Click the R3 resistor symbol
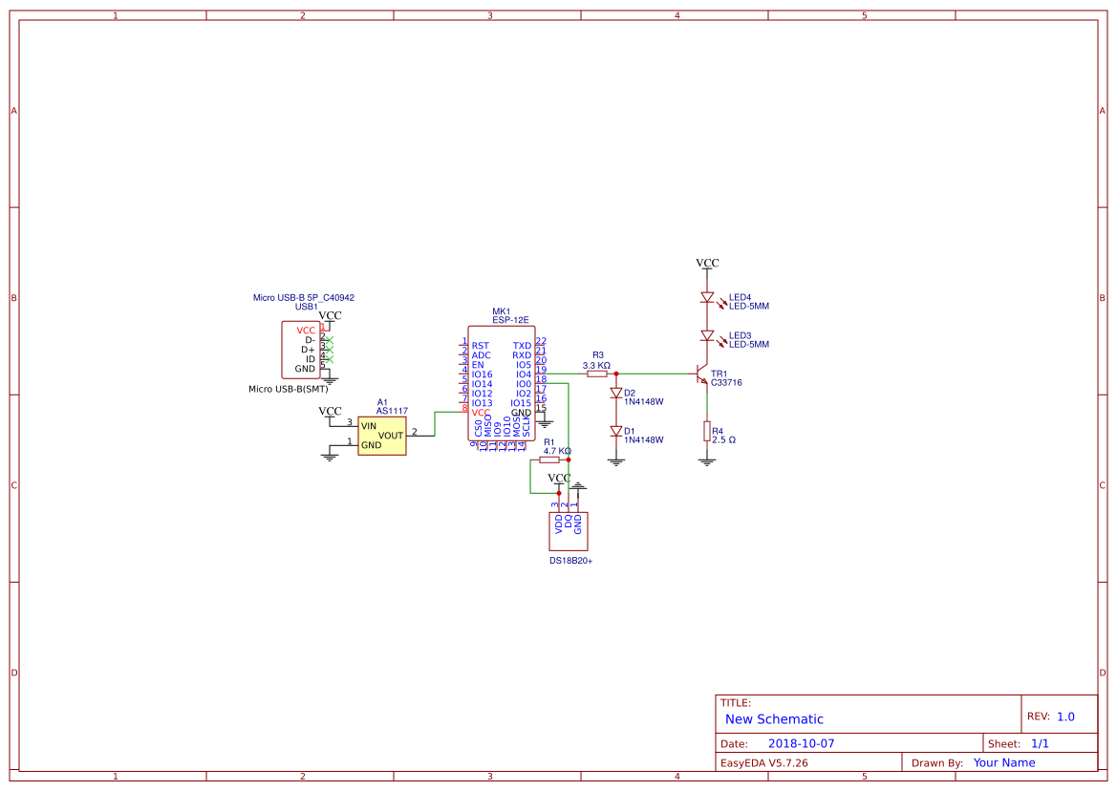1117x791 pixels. click(x=597, y=374)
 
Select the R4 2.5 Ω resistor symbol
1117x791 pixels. click(x=707, y=432)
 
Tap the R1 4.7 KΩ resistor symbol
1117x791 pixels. click(x=549, y=460)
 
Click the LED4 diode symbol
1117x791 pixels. click(x=707, y=298)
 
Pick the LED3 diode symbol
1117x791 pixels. click(x=707, y=336)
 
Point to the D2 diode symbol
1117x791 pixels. click(x=616, y=393)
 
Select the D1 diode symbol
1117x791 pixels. click(x=616, y=431)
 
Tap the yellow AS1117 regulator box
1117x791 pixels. click(x=381, y=436)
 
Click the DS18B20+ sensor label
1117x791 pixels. click(x=570, y=561)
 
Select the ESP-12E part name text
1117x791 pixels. click(x=510, y=321)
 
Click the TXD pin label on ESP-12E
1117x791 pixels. click(x=522, y=346)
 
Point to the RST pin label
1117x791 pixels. click(x=480, y=346)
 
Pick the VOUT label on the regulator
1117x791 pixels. click(x=391, y=436)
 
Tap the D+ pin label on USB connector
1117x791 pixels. click(x=308, y=350)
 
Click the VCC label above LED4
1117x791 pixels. click(x=707, y=263)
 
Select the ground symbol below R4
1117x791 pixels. click(x=707, y=461)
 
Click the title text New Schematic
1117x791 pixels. click(x=774, y=719)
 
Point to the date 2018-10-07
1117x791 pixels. click(x=801, y=743)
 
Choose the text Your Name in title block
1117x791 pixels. click(x=1004, y=762)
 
